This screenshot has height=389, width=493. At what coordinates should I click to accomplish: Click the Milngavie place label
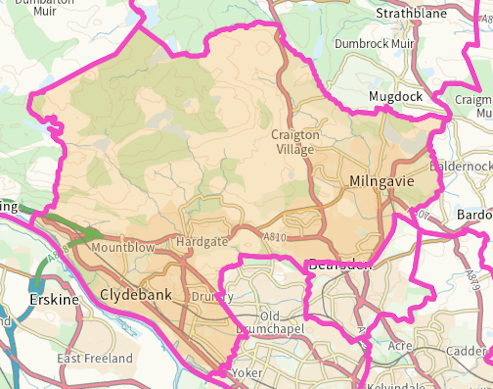[381, 182]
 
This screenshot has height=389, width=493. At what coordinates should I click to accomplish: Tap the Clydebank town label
[136, 295]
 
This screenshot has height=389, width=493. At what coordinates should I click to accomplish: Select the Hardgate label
[202, 241]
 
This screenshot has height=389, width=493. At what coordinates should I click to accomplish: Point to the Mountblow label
[123, 248]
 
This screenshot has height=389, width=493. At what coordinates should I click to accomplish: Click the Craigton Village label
[295, 142]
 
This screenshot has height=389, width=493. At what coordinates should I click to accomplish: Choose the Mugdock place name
[396, 96]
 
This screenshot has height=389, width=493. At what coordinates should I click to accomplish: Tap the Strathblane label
[411, 13]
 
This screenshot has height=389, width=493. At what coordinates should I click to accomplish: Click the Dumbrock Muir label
[374, 43]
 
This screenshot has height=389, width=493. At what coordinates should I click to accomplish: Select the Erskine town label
[54, 299]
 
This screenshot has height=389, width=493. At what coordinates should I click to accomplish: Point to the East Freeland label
[94, 358]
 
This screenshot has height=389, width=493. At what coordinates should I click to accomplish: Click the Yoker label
[247, 373]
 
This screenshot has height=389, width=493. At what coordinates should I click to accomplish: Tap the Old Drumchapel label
[270, 322]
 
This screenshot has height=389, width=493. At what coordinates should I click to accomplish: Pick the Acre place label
[400, 346]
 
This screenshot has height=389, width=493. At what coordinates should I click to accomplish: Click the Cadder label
[465, 350]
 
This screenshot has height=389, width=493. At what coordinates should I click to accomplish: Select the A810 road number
[275, 237]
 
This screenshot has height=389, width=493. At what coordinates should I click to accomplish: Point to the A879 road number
[473, 281]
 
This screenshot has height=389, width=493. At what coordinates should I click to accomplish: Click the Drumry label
[212, 296]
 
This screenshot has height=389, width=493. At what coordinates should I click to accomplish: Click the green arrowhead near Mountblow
[96, 234]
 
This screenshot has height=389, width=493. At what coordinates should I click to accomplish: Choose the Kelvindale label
[396, 386]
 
